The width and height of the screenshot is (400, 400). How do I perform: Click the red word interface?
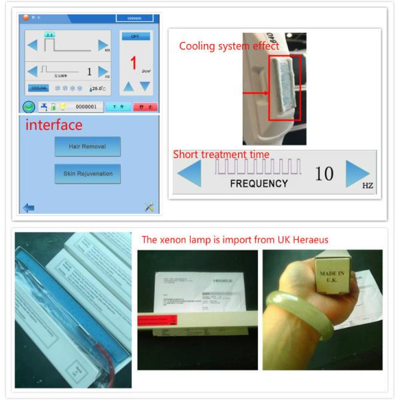54,125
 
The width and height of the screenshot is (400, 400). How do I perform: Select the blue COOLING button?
39,88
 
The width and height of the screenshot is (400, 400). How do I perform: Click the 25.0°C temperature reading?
98,88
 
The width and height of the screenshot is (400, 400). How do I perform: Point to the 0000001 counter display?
86,107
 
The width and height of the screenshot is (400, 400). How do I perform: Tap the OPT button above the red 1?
135,37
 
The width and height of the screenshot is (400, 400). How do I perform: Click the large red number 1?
133,63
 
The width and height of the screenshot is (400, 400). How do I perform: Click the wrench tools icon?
149,207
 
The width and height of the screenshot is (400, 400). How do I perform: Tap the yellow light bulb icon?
63,107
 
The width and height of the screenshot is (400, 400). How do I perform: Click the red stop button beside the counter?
145,107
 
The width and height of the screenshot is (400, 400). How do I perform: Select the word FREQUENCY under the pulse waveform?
259,183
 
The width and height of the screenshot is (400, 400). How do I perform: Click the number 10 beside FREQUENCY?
324,174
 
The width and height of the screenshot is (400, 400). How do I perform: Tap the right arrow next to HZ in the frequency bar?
357,173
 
